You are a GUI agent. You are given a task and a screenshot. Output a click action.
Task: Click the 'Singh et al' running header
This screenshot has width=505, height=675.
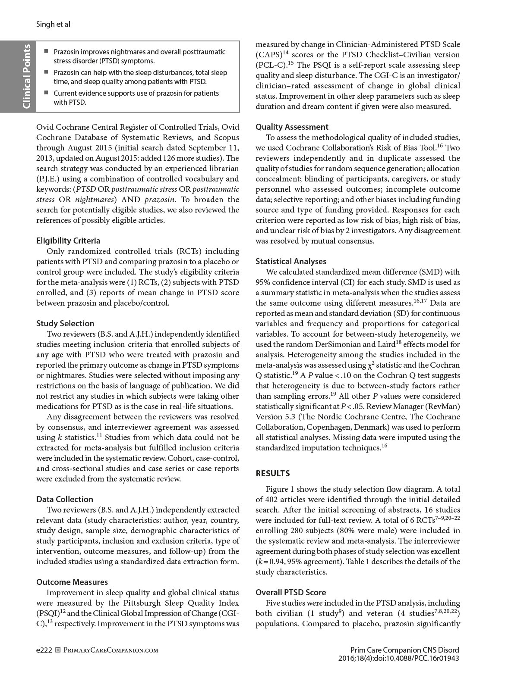53,24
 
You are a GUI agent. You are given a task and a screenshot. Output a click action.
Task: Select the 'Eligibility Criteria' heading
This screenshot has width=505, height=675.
68,241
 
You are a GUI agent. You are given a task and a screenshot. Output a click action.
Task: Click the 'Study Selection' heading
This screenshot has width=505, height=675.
65,324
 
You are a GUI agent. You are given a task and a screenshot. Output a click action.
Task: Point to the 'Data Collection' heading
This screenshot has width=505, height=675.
65,500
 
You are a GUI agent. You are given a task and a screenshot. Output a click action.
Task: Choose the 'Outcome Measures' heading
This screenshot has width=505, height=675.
72,582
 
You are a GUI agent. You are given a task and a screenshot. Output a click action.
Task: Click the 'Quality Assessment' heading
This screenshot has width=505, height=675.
292,127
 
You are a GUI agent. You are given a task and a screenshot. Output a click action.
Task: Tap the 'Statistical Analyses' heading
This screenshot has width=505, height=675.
291,262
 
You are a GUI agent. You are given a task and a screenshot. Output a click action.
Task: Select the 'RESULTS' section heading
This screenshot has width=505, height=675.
273,474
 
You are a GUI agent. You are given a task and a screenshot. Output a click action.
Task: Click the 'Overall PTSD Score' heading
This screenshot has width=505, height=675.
291,593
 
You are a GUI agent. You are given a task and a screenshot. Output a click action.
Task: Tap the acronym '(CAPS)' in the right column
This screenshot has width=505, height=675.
268,55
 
